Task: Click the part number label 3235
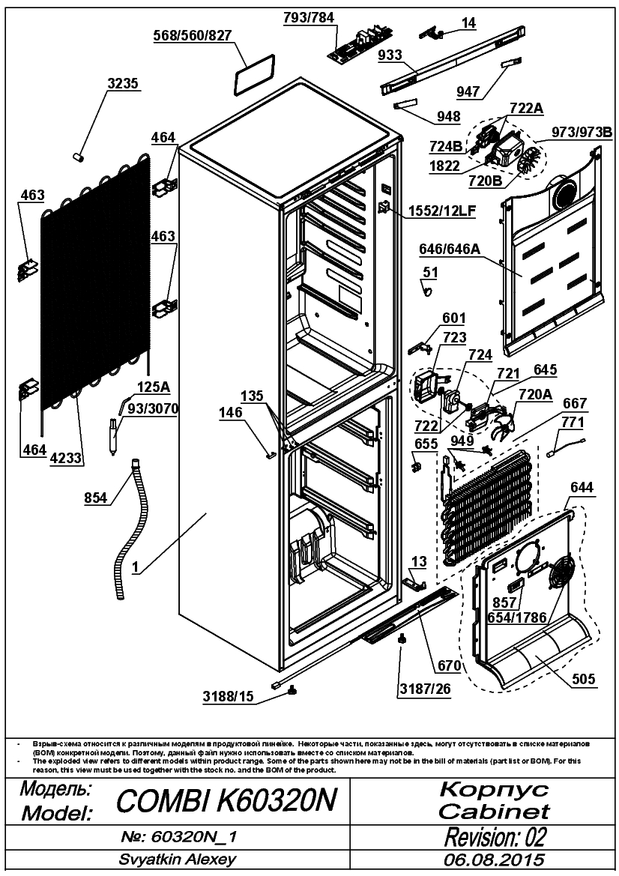click(x=122, y=83)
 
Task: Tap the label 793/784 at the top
click(x=309, y=17)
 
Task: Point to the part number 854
click(x=95, y=498)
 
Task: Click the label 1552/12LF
click(x=441, y=211)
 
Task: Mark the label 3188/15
click(x=228, y=696)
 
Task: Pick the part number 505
click(x=583, y=680)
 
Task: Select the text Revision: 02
click(x=495, y=837)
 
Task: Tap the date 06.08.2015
click(x=495, y=860)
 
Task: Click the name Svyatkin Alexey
click(x=177, y=860)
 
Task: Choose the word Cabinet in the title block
click(x=494, y=811)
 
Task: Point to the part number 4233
click(x=67, y=459)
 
